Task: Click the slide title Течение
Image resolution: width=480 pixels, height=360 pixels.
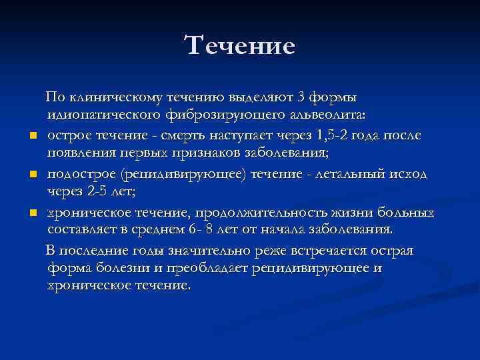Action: pos(239,46)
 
